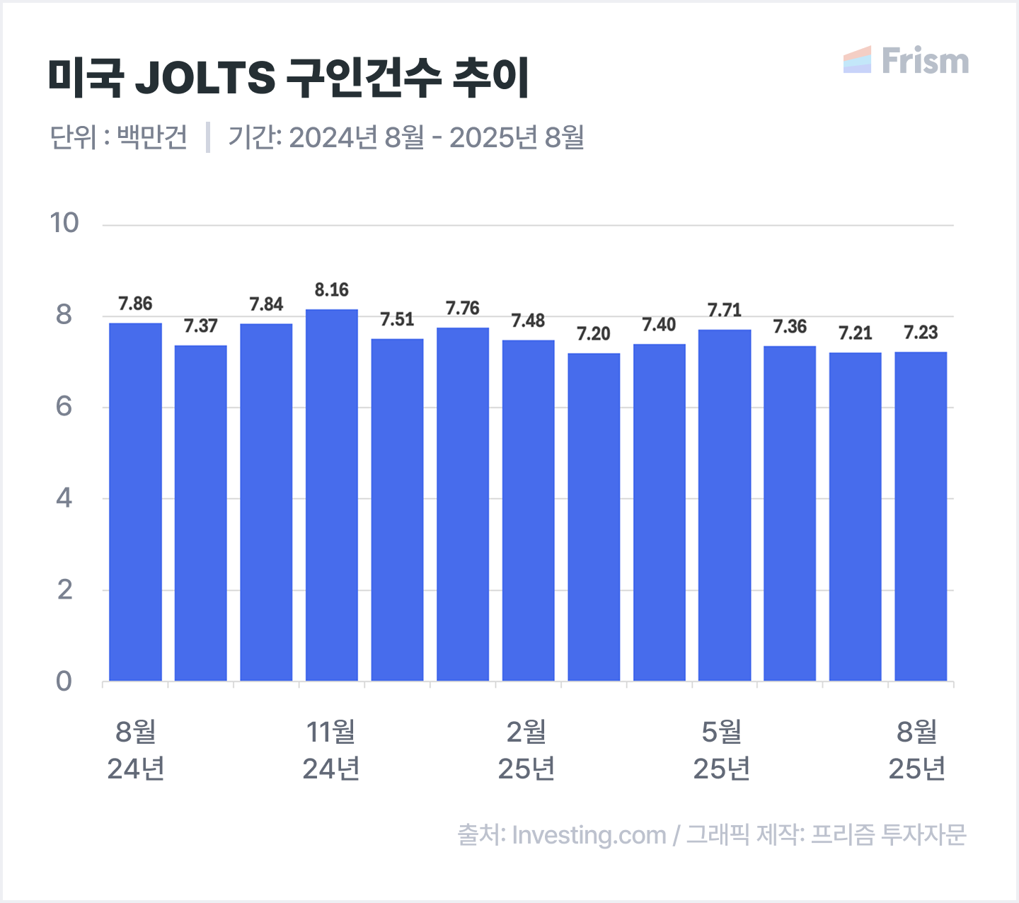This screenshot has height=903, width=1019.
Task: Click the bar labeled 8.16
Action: [332, 495]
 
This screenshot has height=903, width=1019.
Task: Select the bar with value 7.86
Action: [135, 502]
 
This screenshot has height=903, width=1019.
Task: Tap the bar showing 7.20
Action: [594, 517]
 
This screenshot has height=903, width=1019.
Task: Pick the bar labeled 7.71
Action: [725, 505]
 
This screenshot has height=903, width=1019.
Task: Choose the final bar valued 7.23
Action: [921, 517]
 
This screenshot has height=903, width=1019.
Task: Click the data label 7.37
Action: [201, 326]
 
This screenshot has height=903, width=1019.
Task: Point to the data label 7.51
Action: [397, 320]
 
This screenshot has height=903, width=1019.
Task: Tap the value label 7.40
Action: [659, 325]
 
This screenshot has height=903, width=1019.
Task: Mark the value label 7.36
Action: [790, 327]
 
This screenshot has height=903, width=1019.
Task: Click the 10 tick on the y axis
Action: [64, 224]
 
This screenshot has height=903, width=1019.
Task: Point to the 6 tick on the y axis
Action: [64, 407]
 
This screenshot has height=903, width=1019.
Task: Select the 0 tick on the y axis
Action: [64, 681]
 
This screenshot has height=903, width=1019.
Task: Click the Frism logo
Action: [906, 61]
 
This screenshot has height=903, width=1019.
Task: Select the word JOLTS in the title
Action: [205, 77]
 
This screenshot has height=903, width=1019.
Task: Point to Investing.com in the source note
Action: [589, 835]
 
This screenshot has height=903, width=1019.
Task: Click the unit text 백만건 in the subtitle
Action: [152, 137]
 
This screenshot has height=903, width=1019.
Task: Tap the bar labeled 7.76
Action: [463, 504]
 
